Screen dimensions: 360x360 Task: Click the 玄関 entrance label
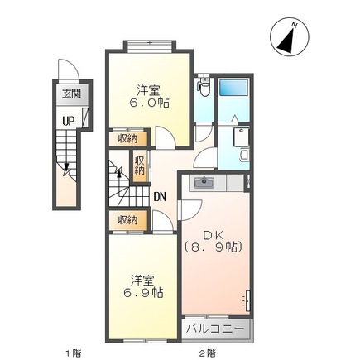coord(71,94)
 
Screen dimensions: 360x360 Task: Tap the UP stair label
coord(69,121)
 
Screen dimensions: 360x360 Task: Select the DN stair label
coord(160,197)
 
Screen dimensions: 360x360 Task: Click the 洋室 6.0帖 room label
coord(149,96)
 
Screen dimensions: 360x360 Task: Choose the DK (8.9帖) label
coord(214,241)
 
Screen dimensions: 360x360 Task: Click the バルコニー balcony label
coord(215,329)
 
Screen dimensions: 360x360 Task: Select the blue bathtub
coord(233,89)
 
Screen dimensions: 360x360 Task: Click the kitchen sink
coord(204,182)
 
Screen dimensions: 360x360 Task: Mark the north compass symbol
coord(290,37)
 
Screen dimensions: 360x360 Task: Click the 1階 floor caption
coord(74,353)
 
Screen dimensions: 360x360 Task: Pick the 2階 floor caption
coord(207,353)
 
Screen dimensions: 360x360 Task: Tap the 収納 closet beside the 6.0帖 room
coord(128,138)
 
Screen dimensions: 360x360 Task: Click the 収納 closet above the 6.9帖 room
coord(128,220)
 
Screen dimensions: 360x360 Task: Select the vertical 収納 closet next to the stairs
coord(140,166)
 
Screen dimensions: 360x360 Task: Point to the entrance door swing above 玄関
coord(69,69)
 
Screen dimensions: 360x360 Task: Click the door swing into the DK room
coord(190,209)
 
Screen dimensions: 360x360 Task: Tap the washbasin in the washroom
coord(245,155)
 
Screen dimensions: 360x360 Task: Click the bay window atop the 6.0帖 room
coord(149,46)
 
